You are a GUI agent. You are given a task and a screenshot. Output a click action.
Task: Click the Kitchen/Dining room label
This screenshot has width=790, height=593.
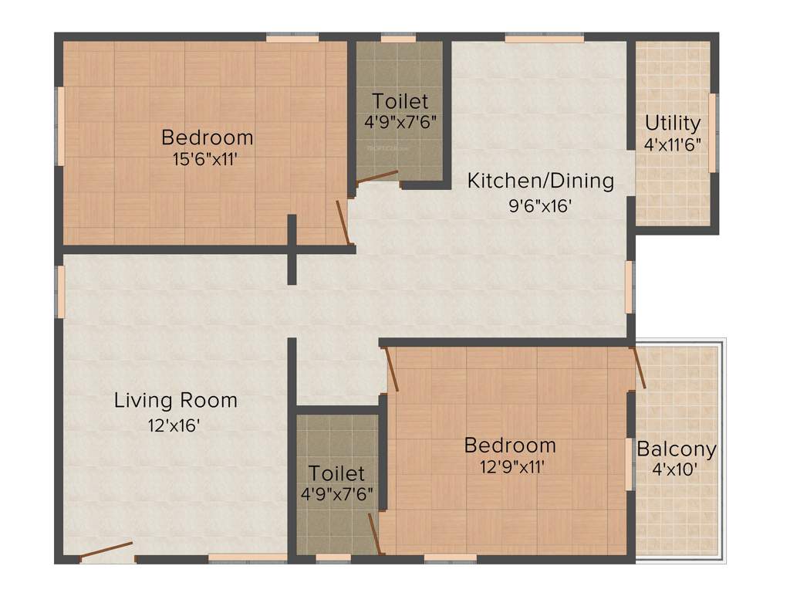542,181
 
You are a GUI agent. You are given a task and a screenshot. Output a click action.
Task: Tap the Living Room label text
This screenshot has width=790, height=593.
176,401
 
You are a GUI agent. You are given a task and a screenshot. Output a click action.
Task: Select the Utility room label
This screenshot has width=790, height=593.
673,123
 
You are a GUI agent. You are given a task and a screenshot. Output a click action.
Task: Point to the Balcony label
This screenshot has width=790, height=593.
676,449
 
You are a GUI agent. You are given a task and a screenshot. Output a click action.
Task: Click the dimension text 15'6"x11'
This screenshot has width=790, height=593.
208,159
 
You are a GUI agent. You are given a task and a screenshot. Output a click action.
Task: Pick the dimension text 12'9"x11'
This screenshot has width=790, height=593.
509,466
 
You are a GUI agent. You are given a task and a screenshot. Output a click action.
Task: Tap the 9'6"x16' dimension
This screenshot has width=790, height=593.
541,206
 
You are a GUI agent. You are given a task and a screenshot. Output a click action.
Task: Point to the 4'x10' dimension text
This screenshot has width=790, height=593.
675,469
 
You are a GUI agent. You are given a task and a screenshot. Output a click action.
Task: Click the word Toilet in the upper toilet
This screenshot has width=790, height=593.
400,101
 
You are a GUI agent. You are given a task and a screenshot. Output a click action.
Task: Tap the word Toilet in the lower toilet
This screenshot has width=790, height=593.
336,473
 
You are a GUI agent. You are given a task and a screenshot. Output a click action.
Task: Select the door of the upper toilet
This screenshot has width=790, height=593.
377,177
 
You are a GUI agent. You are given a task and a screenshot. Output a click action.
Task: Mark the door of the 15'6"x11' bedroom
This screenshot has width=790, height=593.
344,222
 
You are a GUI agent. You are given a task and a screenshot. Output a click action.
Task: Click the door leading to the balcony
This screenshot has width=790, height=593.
639,368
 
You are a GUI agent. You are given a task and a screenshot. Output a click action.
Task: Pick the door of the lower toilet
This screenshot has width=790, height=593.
376,534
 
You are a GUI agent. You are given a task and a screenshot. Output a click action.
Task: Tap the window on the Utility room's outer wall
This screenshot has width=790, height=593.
714,132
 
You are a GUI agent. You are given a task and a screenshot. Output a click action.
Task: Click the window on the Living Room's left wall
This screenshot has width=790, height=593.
59,291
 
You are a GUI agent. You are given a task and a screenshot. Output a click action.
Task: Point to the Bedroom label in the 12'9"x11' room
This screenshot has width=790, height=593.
509,446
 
